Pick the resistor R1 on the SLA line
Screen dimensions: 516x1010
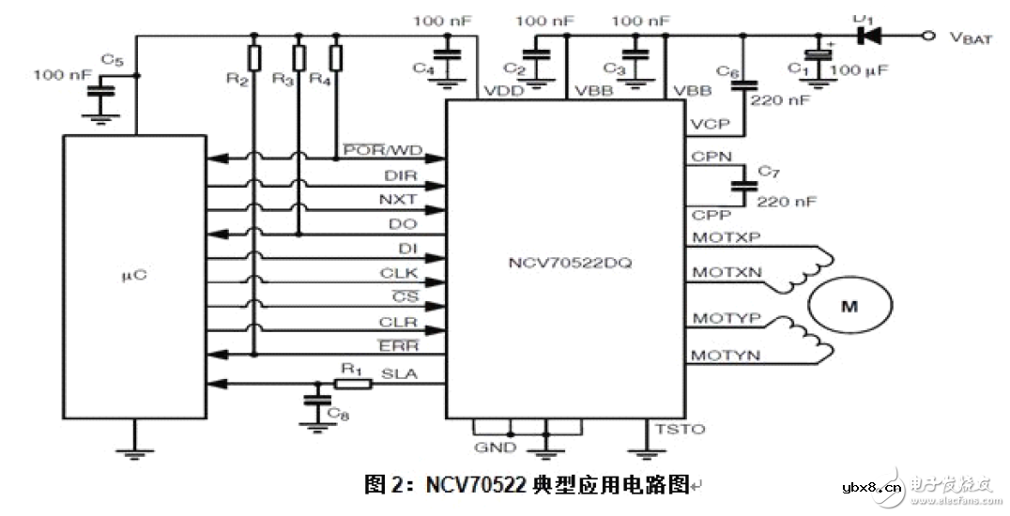pos(350,383)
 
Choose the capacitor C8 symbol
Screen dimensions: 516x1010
pos(312,401)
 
